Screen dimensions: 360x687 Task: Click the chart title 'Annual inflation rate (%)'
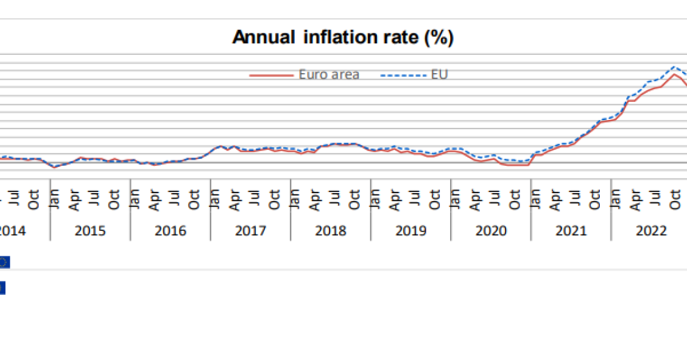[x=343, y=38]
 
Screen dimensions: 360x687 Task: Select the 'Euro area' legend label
[x=329, y=75]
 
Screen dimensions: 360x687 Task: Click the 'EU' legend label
[x=440, y=75]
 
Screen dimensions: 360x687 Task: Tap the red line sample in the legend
[x=271, y=76]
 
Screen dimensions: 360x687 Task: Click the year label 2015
[x=90, y=231]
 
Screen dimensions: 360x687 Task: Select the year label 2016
[x=171, y=231]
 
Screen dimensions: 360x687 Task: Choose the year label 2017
[x=250, y=231]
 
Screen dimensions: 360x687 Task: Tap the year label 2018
[x=331, y=231]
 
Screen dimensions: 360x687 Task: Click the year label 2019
[x=411, y=231]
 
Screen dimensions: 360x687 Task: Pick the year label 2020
[x=491, y=231]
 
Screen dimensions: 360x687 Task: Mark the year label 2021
[x=571, y=231]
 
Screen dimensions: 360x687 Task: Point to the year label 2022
[x=651, y=231]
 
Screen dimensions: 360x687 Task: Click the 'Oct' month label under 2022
[x=675, y=199]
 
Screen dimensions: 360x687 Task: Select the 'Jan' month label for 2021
[x=535, y=199]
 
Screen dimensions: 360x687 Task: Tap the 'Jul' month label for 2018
[x=334, y=199]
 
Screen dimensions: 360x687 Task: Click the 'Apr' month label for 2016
[x=154, y=199]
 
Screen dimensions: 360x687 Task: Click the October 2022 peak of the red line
[x=674, y=74]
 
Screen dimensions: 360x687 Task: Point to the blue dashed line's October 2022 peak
[x=674, y=67]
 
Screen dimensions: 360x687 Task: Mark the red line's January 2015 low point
[x=54, y=167]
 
